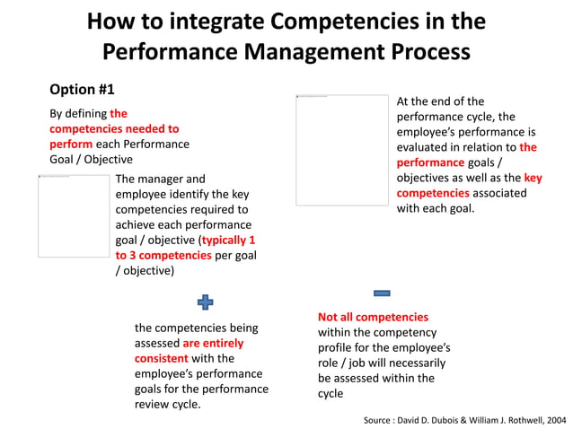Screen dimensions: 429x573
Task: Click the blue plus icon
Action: point(205,302)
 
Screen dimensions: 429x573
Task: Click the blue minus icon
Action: point(382,293)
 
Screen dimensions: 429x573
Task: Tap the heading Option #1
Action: point(82,90)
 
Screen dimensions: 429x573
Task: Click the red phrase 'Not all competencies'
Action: point(373,317)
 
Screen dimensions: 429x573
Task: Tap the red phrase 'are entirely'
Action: point(213,343)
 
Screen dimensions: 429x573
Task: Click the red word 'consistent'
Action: point(162,358)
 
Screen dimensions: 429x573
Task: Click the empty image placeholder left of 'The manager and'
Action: point(74,216)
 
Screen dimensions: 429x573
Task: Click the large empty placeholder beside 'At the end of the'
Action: point(342,150)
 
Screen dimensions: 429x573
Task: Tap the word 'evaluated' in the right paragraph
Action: point(427,147)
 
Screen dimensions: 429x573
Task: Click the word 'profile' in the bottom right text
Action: point(336,347)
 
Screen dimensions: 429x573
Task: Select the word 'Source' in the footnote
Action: point(380,420)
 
